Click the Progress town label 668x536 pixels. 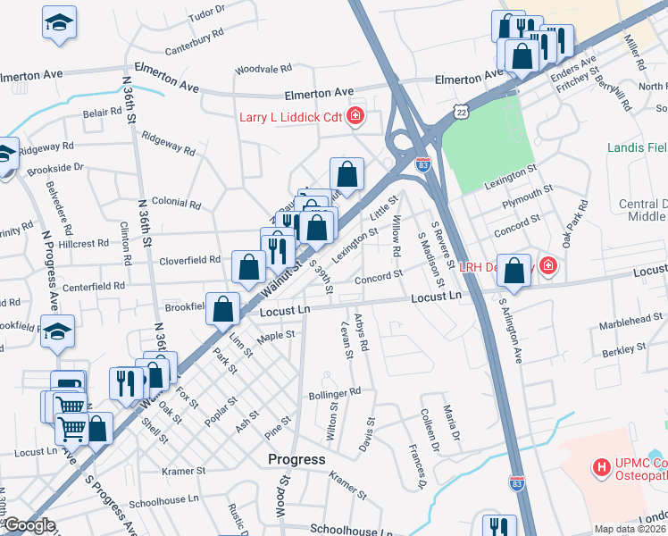point(296,459)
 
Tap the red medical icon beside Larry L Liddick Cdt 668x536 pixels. point(355,116)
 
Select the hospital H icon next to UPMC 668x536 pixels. point(603,466)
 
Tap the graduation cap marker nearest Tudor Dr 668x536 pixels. point(60,24)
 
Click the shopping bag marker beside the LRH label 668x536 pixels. point(514,271)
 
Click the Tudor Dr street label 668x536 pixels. point(206,13)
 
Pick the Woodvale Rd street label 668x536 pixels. point(263,69)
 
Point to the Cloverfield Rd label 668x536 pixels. point(189,261)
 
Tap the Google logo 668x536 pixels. point(29,525)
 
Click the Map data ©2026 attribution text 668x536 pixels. point(630,529)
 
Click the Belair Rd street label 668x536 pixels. point(102,113)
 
